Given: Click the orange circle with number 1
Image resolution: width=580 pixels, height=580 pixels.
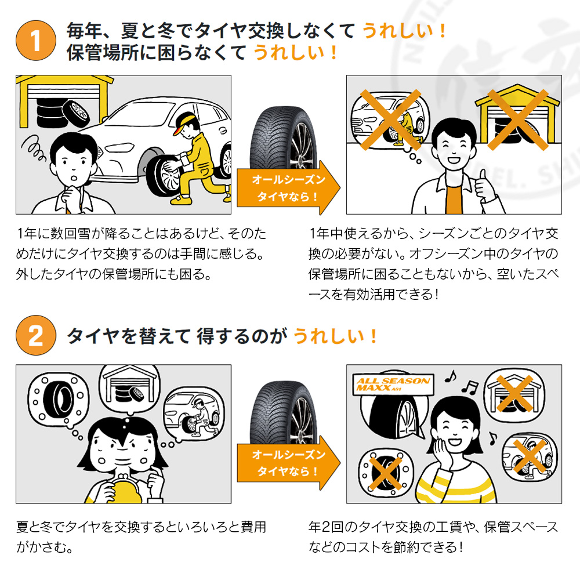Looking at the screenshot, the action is coord(36,41).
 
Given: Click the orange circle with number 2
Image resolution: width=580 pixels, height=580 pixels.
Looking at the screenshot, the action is coord(36,335).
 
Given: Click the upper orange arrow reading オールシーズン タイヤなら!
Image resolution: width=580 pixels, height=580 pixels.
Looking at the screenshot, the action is coord(288,188).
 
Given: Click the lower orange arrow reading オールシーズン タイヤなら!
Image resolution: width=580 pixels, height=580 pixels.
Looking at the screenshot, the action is coord(288,463).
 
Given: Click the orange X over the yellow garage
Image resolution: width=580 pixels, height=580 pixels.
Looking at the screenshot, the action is coord(517,120).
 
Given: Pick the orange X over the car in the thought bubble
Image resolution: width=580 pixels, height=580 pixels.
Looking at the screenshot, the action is coord(390,119).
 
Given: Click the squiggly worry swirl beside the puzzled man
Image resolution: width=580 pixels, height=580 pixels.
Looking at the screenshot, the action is coord(34,149).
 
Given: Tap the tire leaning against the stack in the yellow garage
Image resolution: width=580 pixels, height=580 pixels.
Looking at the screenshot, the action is coord(75,114).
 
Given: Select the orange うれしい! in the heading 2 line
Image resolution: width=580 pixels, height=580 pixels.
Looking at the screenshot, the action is coord(335,336).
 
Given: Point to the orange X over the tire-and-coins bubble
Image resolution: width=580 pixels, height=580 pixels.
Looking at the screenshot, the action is coord(386,473).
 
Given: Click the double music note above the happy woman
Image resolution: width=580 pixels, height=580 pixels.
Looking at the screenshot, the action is coord(470,386).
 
